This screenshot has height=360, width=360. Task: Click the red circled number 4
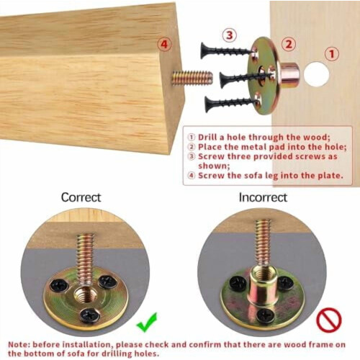[x=164, y=45]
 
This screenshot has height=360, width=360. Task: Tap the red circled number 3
[x=230, y=35]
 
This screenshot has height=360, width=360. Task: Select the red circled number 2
[x=289, y=45]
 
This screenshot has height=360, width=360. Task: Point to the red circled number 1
[x=332, y=54]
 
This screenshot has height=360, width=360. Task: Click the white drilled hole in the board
[x=317, y=74]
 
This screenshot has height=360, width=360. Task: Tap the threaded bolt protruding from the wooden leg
[x=192, y=77]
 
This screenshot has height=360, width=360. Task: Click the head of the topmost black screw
[x=204, y=50]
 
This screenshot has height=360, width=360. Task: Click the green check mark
[x=147, y=323]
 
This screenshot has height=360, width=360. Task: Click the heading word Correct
[x=81, y=197]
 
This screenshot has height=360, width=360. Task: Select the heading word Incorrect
[x=263, y=197]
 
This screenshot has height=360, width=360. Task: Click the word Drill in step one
[x=208, y=138]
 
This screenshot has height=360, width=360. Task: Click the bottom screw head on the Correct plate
[x=90, y=315]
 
